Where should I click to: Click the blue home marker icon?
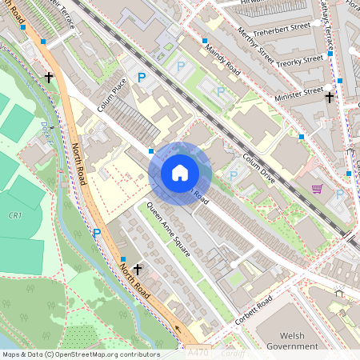coord(180,172)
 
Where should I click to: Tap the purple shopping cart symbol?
coord(318,190)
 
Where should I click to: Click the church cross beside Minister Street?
coord(329,97)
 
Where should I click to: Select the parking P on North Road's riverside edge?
coord(97,233)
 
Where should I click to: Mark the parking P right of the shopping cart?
coord(340,194)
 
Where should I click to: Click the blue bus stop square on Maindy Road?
coord(205,40)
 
